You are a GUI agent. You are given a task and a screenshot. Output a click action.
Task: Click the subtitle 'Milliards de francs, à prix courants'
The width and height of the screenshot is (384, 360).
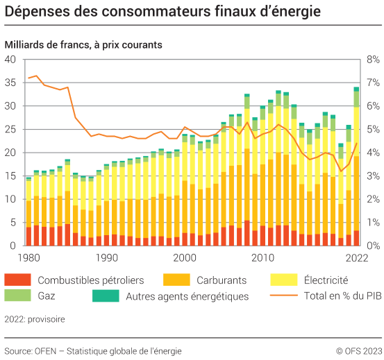(83, 44)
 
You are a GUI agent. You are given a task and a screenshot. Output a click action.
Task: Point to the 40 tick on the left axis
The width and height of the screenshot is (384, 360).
(10, 60)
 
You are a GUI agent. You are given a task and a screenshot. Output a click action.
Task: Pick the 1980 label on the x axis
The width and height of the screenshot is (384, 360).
(28, 257)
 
